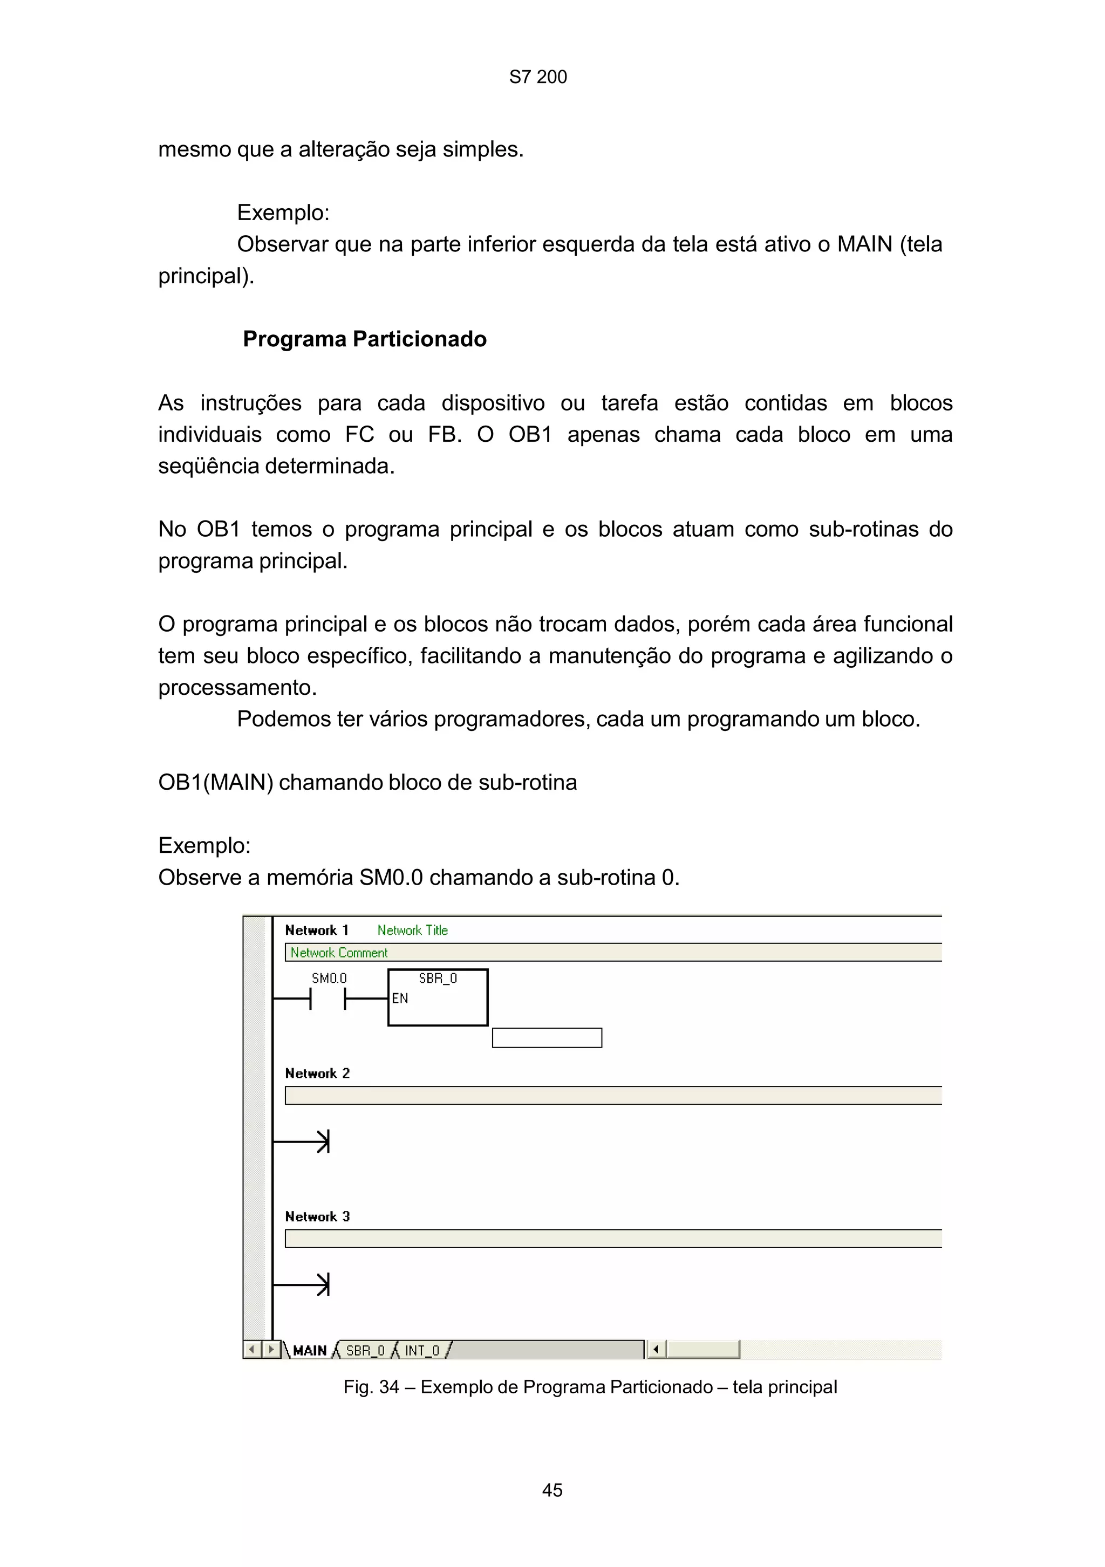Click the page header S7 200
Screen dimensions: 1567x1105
point(538,77)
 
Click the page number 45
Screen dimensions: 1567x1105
point(551,1490)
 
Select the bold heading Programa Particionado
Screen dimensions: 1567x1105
point(364,339)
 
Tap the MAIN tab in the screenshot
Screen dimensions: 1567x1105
point(309,1350)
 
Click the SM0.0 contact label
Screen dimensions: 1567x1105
point(329,978)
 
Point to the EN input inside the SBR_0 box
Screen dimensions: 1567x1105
point(400,998)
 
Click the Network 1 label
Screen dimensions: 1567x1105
point(317,930)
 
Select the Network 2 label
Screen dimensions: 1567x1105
point(317,1073)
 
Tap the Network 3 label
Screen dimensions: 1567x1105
point(317,1216)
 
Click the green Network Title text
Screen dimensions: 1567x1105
point(412,930)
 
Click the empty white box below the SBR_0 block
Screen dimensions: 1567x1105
point(547,1037)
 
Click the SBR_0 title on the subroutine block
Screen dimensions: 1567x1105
point(438,978)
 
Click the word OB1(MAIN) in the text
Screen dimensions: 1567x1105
point(216,782)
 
